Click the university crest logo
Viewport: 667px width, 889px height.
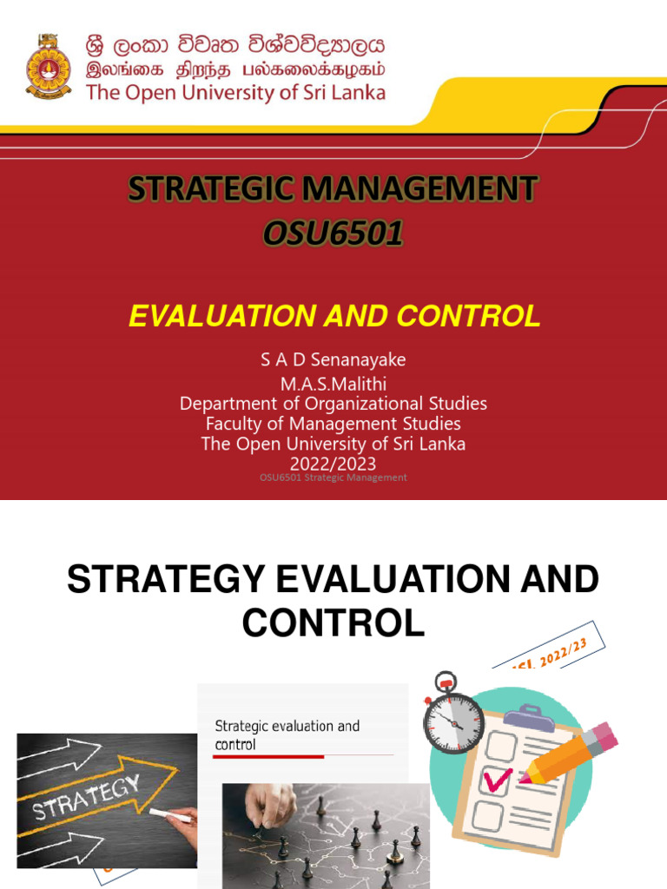coord(49,67)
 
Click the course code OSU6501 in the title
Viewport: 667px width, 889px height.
coord(333,234)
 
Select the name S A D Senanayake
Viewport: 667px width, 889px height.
coord(333,359)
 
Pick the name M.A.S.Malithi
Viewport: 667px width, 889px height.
coord(333,382)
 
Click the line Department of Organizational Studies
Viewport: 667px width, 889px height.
coord(333,404)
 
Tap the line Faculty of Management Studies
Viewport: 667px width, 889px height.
coord(333,424)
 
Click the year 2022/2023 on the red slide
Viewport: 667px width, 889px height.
coord(333,464)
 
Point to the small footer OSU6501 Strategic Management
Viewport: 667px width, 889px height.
coord(333,477)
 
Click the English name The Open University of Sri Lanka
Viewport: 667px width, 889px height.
coord(235,93)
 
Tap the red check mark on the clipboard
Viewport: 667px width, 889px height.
coord(498,779)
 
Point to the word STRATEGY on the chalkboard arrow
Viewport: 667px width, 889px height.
coord(87,798)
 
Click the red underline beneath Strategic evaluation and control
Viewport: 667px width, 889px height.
coord(268,757)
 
